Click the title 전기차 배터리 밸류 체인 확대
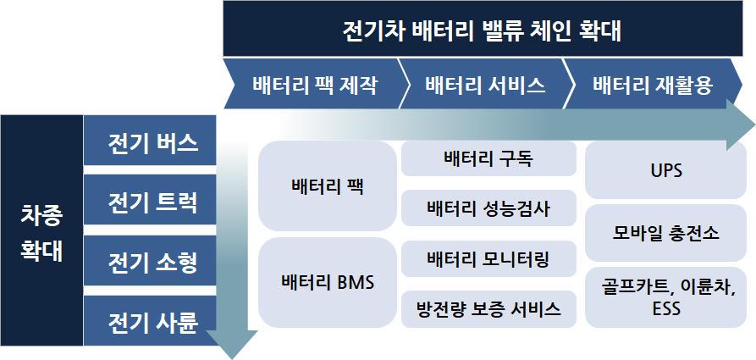[x=482, y=31]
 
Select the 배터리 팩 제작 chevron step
[x=313, y=85]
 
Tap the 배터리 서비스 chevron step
[x=484, y=85]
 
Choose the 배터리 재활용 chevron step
[x=652, y=85]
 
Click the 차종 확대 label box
[x=41, y=230]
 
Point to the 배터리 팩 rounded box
[x=327, y=186]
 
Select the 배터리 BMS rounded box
[x=327, y=282]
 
